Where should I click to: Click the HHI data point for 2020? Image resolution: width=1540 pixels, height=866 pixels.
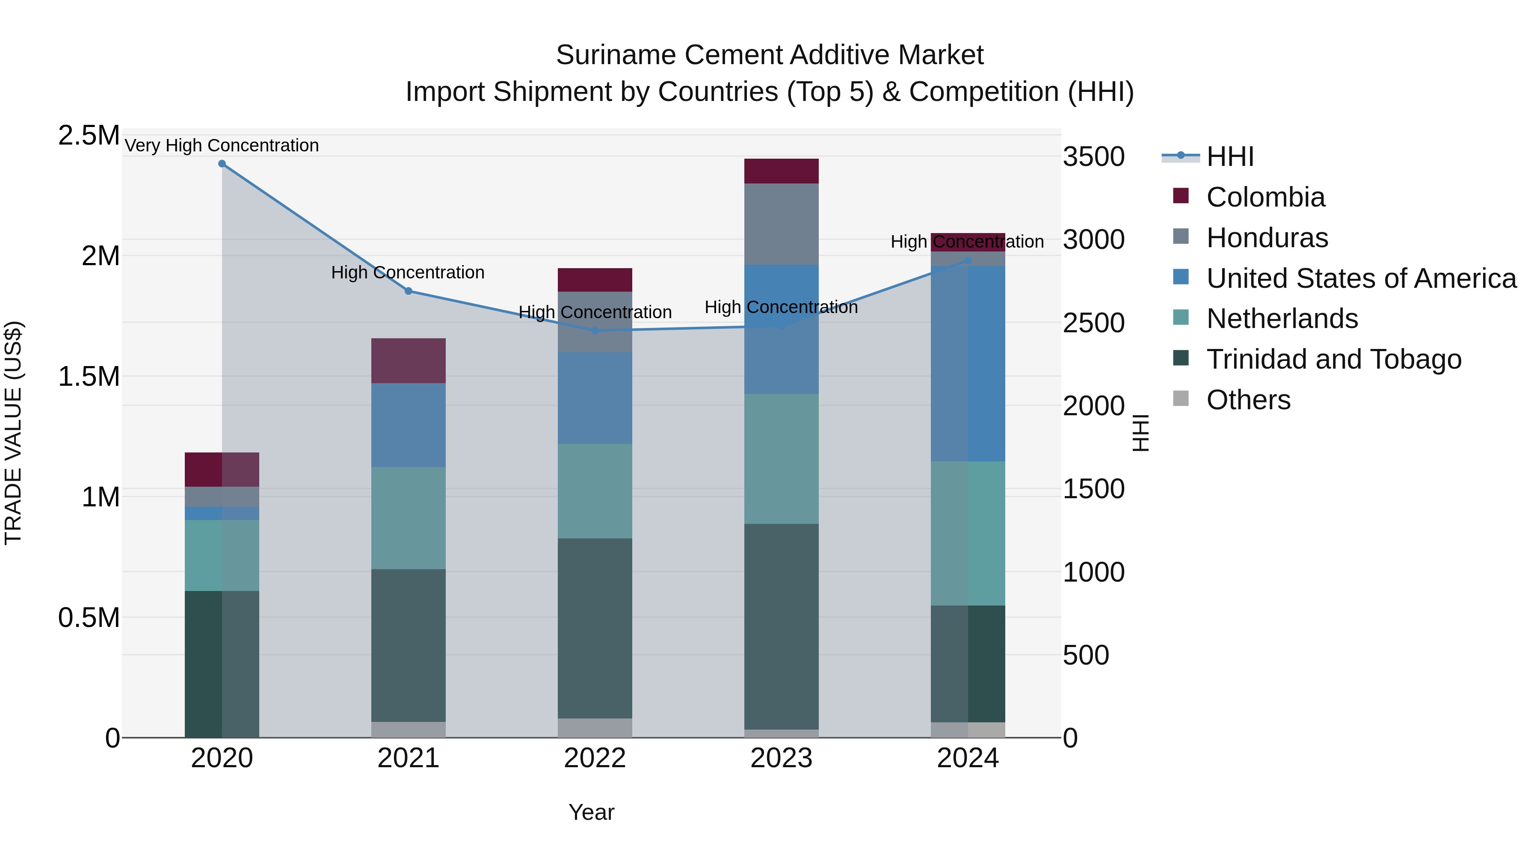[x=222, y=164]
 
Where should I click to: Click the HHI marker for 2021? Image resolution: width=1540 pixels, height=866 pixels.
[x=409, y=291]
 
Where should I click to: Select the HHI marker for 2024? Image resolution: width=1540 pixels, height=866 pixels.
[x=968, y=260]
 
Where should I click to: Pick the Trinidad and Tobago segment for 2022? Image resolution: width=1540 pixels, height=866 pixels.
[x=595, y=627]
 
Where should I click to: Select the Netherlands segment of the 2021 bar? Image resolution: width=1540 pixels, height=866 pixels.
[x=409, y=517]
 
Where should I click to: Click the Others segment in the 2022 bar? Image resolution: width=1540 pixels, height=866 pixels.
[x=595, y=727]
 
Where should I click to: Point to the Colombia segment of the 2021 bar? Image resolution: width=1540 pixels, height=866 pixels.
[x=409, y=361]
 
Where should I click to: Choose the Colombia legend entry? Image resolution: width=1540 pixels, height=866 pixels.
[x=1265, y=197]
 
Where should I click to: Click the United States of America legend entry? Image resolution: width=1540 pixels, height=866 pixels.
[x=1361, y=278]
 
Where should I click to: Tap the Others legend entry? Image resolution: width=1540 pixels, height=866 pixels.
[x=1248, y=400]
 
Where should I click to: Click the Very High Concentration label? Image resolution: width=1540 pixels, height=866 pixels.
[x=222, y=145]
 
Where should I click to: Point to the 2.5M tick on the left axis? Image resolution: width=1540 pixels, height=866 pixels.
[x=89, y=136]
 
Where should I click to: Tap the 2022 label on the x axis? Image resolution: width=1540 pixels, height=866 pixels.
[x=595, y=758]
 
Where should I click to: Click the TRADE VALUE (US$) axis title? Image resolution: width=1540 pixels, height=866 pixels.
[x=13, y=433]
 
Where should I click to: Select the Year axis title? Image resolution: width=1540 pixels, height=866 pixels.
[x=591, y=812]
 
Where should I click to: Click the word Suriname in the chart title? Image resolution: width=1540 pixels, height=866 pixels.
[x=616, y=55]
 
